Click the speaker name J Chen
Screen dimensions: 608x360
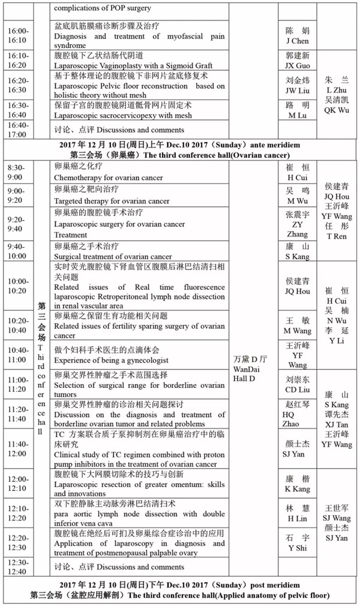point(298,41)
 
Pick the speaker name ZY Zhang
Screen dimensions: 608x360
point(298,230)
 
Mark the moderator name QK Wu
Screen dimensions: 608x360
point(336,110)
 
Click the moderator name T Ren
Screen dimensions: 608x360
point(336,236)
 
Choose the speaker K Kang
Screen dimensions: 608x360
point(298,489)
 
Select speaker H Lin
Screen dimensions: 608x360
point(298,518)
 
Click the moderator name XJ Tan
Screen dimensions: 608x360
point(336,424)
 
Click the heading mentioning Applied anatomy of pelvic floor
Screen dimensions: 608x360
point(180,595)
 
